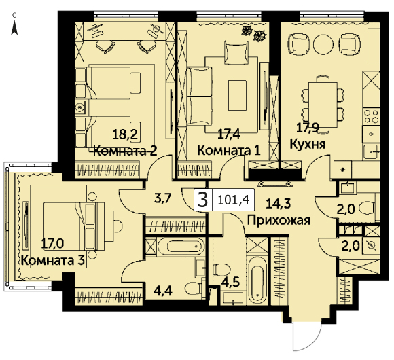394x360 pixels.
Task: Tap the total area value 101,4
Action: (234, 200)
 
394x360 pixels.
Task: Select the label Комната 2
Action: (126, 151)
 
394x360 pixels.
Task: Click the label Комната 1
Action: (229, 151)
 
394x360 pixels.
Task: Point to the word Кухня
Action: (308, 144)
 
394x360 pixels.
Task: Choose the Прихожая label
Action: (279, 221)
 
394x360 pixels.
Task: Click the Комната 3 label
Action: (53, 260)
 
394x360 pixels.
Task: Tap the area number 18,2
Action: (125, 134)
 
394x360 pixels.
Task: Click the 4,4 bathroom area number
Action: (163, 291)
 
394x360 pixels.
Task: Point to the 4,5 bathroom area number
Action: (230, 282)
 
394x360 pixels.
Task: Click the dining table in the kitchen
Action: (323, 105)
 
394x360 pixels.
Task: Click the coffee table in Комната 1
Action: (237, 95)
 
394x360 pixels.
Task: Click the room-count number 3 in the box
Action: (203, 200)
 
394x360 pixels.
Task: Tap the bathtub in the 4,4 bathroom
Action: (181, 246)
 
